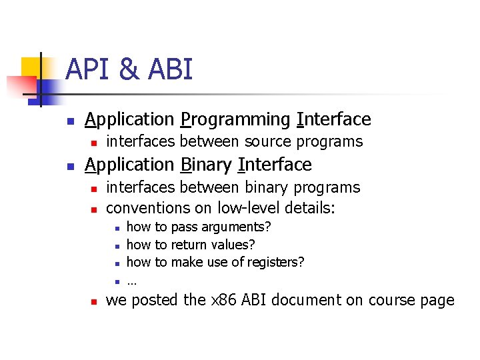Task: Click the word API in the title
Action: pyautogui.click(x=90, y=69)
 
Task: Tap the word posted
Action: pyautogui.click(x=155, y=300)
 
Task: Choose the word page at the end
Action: pyautogui.click(x=437, y=301)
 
